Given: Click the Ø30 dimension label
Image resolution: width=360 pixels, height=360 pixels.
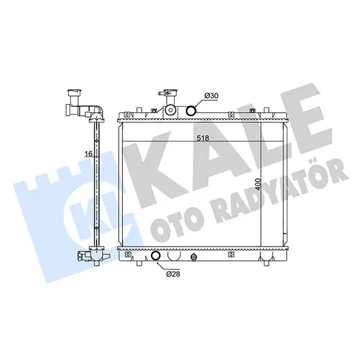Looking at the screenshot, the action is (x=211, y=96).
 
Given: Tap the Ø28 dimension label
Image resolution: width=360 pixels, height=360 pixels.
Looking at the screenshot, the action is (x=173, y=274).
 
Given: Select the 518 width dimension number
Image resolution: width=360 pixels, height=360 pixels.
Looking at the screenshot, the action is (x=203, y=138).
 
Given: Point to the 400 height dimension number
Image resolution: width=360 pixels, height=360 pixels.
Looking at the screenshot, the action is (x=259, y=184).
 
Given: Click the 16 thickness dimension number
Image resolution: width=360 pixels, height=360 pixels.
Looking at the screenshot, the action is (x=88, y=154).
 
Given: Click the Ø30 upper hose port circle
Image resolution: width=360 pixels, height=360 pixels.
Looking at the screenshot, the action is (x=191, y=110).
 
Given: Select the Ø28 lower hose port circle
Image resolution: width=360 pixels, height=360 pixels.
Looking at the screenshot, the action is (x=156, y=256).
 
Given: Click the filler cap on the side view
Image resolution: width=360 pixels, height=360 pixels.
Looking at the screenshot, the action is (x=74, y=93).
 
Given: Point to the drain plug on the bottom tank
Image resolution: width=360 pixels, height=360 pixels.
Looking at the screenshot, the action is (x=194, y=257).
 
